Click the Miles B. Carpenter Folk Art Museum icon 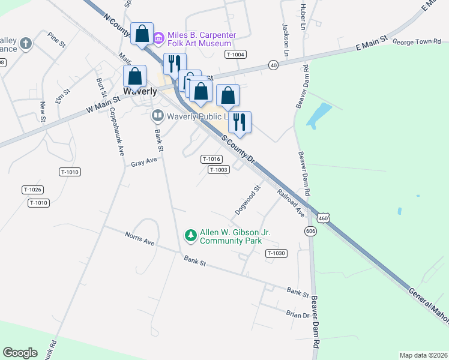(158, 38)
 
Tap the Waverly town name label (140, 92)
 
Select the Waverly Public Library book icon (157, 115)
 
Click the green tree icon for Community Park (190, 236)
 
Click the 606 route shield (310, 231)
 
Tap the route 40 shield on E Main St (274, 65)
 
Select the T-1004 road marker (235, 55)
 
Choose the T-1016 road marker (211, 159)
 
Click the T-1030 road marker (276, 253)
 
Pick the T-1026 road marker (32, 190)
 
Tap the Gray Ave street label (143, 163)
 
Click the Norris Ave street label (139, 238)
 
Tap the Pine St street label (56, 40)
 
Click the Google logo (20, 353)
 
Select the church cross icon (25, 43)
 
